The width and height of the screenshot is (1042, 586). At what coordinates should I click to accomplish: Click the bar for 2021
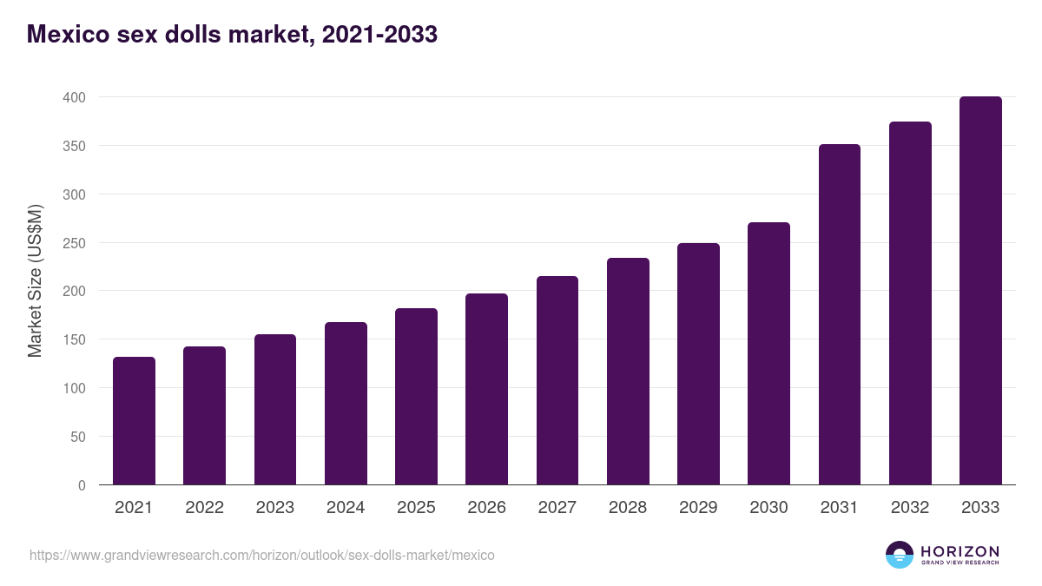tap(134, 421)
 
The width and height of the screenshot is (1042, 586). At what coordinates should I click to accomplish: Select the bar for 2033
tap(980, 291)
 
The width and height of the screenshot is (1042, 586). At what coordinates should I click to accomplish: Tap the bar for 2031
tap(839, 314)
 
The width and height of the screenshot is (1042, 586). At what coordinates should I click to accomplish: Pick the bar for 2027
tap(557, 380)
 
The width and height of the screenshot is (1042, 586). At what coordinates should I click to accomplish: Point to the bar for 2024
tap(346, 404)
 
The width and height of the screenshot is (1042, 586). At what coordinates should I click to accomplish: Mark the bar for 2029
tap(698, 364)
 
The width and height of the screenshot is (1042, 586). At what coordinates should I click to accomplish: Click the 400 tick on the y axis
tap(74, 97)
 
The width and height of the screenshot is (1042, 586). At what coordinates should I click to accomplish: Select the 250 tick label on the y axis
tap(74, 243)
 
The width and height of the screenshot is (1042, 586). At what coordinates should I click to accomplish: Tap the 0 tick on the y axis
tap(82, 485)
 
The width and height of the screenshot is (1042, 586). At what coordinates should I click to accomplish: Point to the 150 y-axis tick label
tap(74, 339)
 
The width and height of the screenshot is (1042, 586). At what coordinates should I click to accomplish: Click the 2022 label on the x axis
tap(204, 508)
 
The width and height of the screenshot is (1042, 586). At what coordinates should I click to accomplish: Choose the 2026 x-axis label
tap(486, 508)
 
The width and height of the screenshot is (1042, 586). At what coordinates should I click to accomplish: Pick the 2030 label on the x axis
tap(768, 508)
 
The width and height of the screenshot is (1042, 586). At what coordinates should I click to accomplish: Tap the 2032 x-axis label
tap(910, 508)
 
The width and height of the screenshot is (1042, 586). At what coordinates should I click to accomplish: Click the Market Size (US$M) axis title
tap(35, 280)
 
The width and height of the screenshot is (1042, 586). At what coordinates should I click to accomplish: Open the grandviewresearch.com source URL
tap(261, 555)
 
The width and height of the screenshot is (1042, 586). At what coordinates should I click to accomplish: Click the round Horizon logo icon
tap(900, 555)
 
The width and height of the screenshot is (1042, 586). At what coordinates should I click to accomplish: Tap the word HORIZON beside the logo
tap(960, 550)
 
